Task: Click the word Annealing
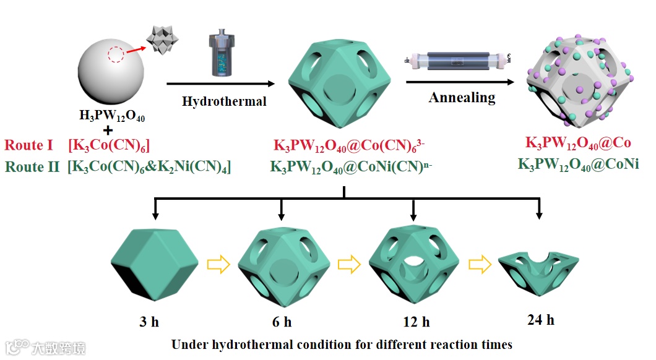click(462, 97)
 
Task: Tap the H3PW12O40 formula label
click(111, 115)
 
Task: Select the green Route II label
click(33, 166)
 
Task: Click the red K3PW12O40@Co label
click(578, 144)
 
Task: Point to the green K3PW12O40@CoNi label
click(578, 164)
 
